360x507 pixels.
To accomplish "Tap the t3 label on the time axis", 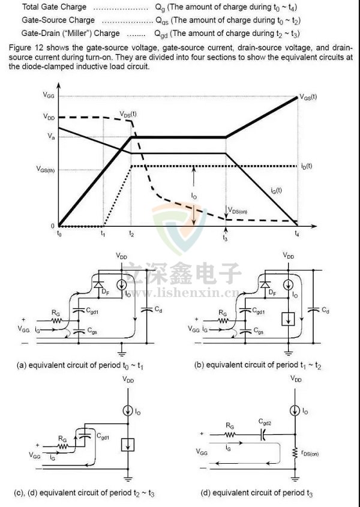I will (x=225, y=238).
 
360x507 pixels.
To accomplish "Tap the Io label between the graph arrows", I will (x=194, y=196).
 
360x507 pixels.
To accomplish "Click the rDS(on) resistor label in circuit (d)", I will (x=311, y=454).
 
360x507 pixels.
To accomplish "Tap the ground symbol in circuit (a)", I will (x=122, y=348).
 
